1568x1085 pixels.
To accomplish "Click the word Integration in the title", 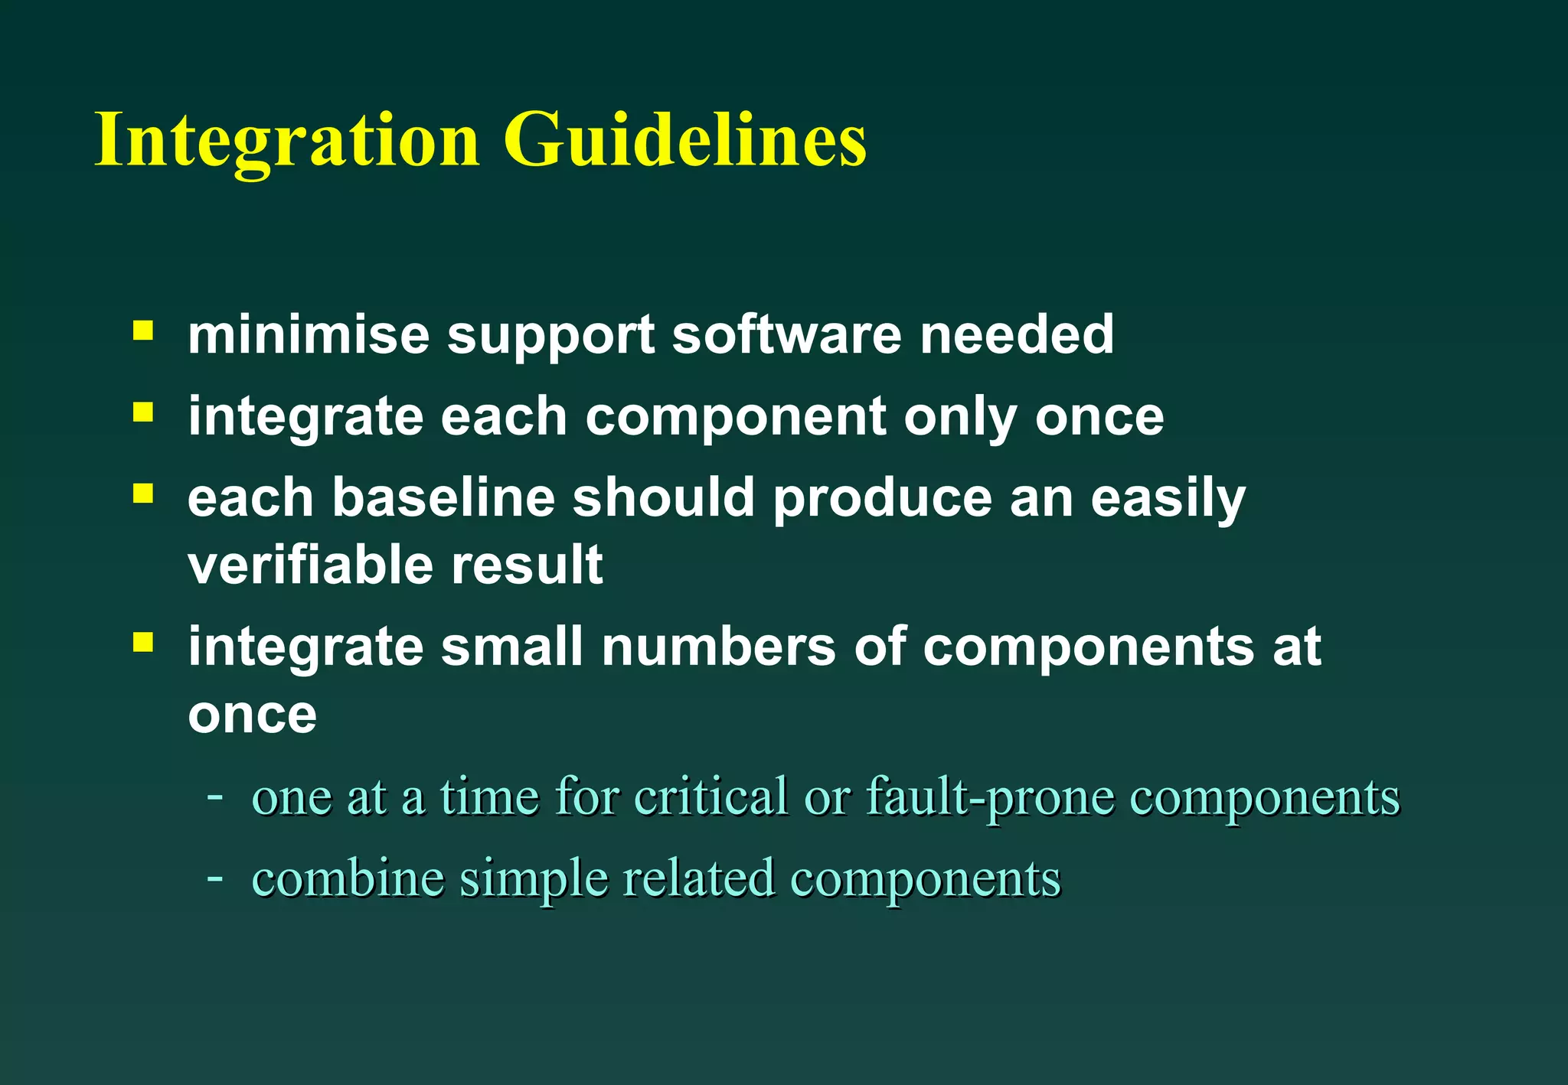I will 287,142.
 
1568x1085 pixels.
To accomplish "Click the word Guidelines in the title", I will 685,142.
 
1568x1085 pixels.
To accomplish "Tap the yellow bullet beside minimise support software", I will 142,331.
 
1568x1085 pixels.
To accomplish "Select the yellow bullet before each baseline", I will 142,494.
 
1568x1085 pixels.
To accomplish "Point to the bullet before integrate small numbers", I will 142,642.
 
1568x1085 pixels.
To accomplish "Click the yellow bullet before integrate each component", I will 142,412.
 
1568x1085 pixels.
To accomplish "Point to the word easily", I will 1168,500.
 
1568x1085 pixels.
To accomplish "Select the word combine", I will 348,879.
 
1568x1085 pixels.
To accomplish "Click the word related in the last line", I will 698,878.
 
